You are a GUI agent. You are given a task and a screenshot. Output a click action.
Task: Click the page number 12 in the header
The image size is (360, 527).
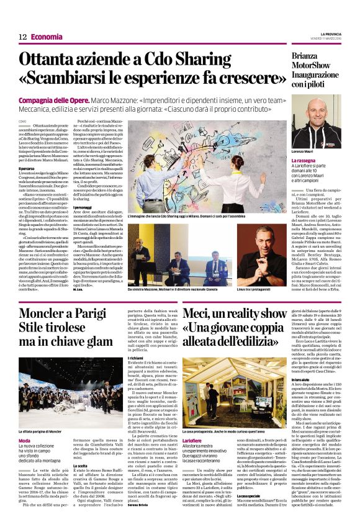22,37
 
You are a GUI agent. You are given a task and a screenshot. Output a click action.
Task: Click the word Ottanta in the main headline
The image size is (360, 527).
64,60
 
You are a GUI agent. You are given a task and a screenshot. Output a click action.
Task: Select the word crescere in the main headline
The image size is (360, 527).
243,79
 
